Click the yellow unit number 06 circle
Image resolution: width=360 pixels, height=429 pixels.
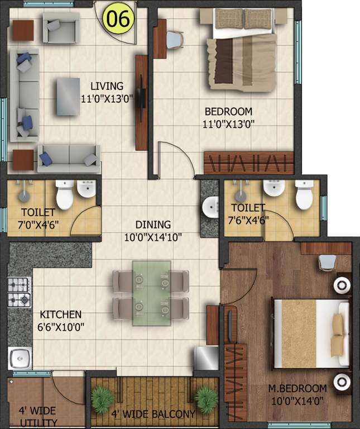[118, 18]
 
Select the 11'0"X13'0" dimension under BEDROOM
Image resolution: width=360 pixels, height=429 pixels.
[228, 124]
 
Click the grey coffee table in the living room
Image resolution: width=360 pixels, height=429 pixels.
[68, 96]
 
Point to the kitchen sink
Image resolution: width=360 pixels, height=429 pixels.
[20, 356]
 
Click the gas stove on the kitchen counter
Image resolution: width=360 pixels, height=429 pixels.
[19, 292]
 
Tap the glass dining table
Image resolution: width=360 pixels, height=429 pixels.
[148, 293]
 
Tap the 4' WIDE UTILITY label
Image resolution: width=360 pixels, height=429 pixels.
[37, 416]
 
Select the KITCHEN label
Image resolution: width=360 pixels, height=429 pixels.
[60, 314]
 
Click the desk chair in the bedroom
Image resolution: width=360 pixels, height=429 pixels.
[175, 39]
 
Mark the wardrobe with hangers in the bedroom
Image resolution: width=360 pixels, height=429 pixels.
[248, 163]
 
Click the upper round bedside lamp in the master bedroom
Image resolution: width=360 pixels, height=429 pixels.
[341, 285]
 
